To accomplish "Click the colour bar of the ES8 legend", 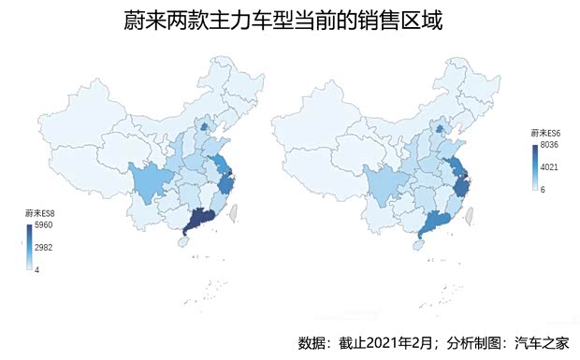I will click(x=29, y=248).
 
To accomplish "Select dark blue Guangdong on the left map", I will click(x=200, y=221).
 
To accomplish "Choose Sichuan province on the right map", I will click(x=381, y=182).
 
